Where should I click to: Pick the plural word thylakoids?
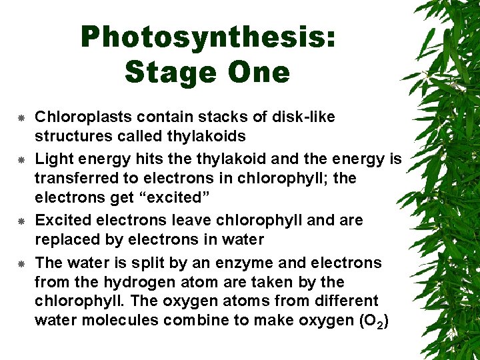click(208, 137)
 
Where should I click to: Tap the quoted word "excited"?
click(173, 198)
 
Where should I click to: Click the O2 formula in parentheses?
click(373, 321)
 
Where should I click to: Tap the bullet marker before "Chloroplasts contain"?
click(21, 118)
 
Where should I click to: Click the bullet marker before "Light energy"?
click(21, 159)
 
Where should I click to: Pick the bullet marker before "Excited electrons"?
click(21, 220)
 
